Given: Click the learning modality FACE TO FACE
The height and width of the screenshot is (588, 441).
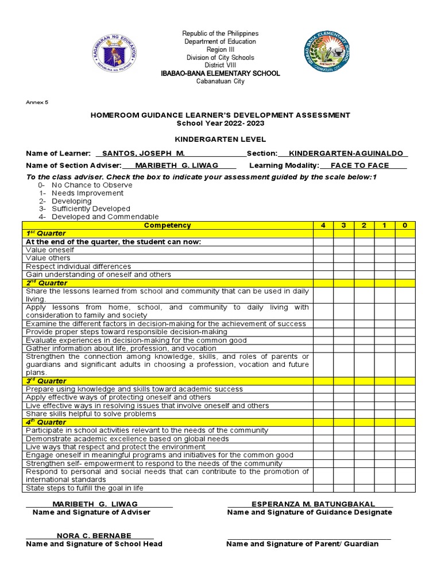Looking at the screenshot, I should coord(363,165).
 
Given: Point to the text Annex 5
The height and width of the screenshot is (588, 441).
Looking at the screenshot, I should coord(37,102).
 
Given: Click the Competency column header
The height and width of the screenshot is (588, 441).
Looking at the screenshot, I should coord(167,226).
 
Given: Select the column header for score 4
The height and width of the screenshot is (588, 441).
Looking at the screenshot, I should coord(323,226).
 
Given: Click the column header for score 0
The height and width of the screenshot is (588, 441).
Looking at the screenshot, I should coord(405,226).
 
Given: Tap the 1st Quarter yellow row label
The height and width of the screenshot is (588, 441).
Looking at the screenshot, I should coord(46,234).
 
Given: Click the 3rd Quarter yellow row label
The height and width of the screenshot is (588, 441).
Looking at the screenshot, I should coord(46,381).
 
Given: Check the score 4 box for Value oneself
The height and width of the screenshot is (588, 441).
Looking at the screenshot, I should coord(323,250).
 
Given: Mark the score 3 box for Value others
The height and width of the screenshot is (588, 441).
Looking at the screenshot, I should coord(343,258).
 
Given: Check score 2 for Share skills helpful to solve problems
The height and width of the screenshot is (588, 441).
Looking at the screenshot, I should coord(364,414).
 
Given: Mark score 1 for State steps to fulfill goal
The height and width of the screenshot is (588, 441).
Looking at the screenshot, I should coord(384,488).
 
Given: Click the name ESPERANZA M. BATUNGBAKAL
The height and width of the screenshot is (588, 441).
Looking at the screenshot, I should coord(310,504).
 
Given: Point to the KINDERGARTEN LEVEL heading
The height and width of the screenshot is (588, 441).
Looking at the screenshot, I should coord(220,140).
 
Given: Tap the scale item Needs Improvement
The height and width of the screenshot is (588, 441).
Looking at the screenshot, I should coord(87,194).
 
